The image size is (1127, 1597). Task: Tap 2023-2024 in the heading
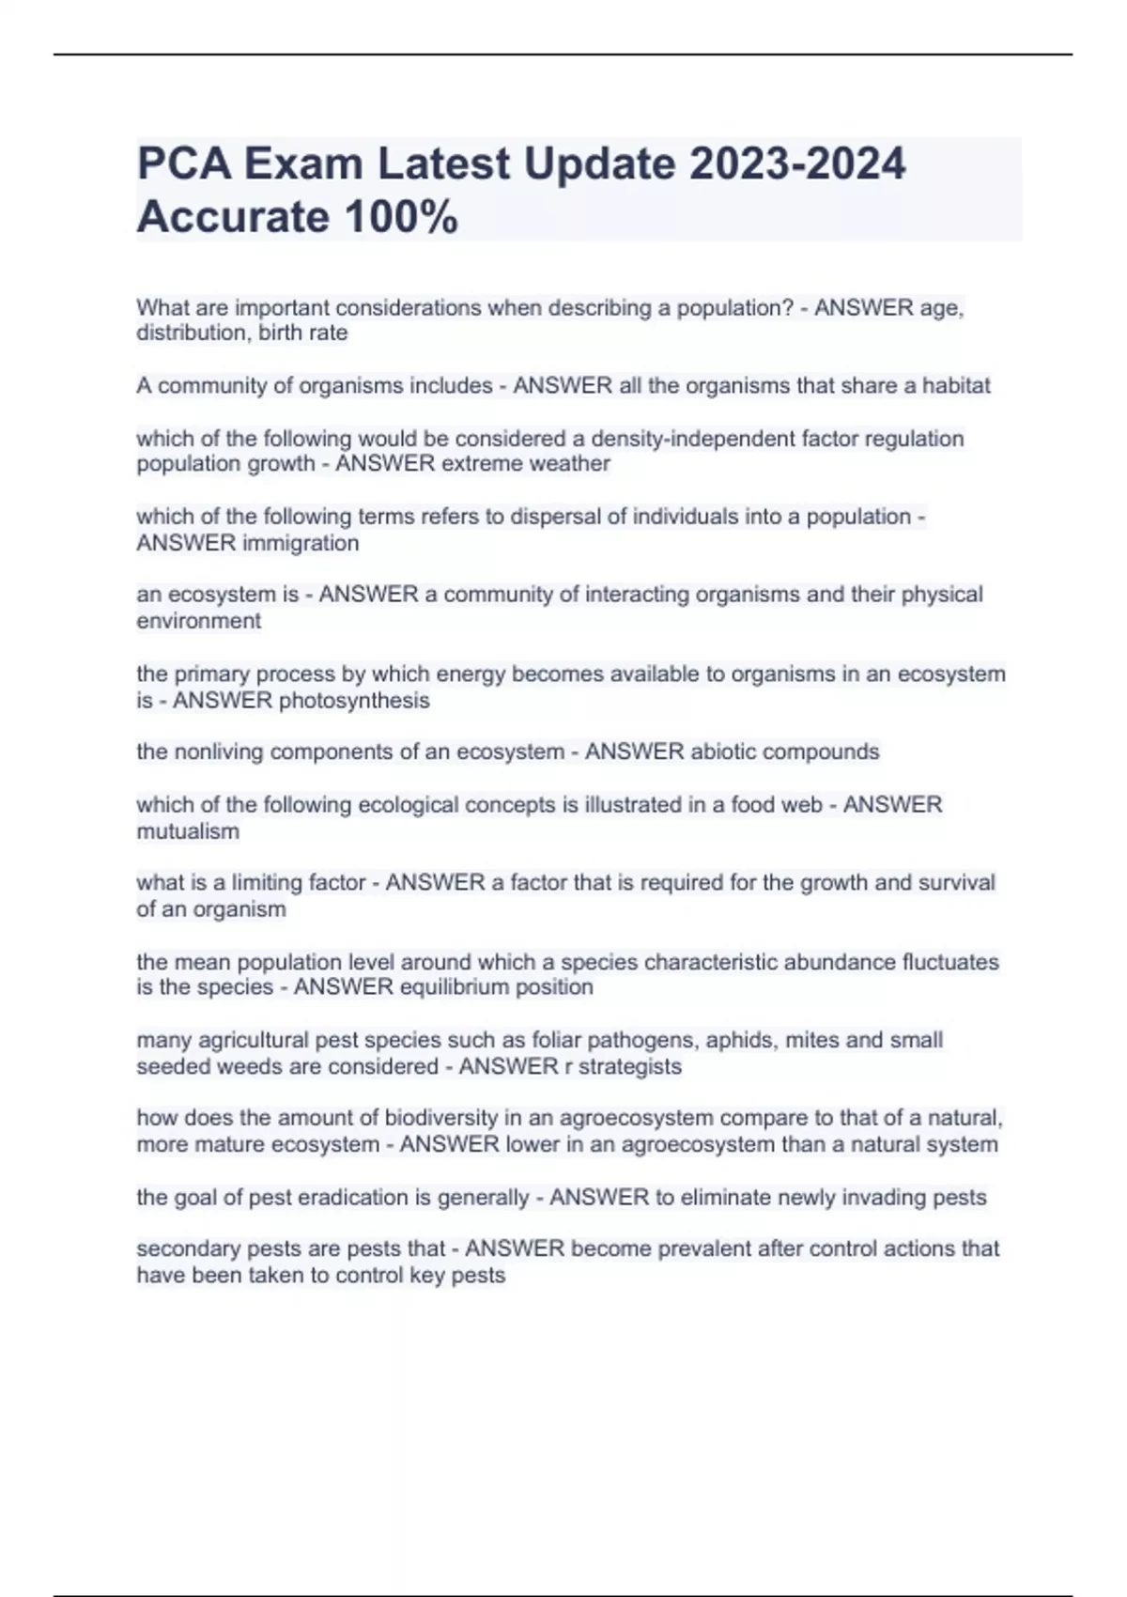coord(797,163)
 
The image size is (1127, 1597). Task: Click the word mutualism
coord(188,831)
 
